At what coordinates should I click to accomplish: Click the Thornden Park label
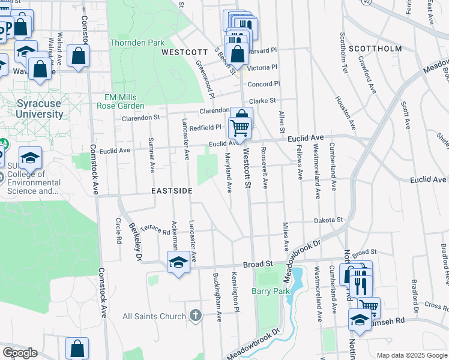pyautogui.click(x=137, y=43)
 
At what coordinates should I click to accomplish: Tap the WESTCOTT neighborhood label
pyautogui.click(x=185, y=53)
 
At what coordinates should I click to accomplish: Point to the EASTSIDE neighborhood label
pyautogui.click(x=172, y=191)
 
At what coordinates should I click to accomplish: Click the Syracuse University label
pyautogui.click(x=39, y=109)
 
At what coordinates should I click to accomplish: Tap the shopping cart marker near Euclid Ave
pyautogui.click(x=239, y=127)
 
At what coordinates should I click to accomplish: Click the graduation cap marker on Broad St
pyautogui.click(x=178, y=262)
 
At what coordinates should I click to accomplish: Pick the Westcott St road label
pyautogui.click(x=246, y=170)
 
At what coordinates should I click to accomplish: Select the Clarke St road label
pyautogui.click(x=262, y=101)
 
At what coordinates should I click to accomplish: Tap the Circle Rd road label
pyautogui.click(x=118, y=230)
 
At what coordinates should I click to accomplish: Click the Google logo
pyautogui.click(x=20, y=353)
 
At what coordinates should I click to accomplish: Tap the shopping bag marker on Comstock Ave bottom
pyautogui.click(x=77, y=348)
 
